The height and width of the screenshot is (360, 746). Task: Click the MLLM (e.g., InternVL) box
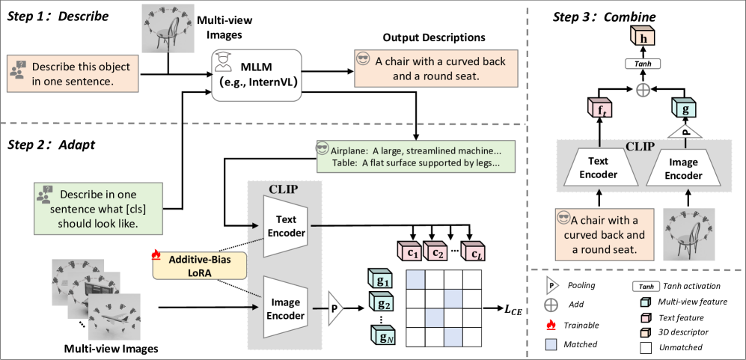254,70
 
